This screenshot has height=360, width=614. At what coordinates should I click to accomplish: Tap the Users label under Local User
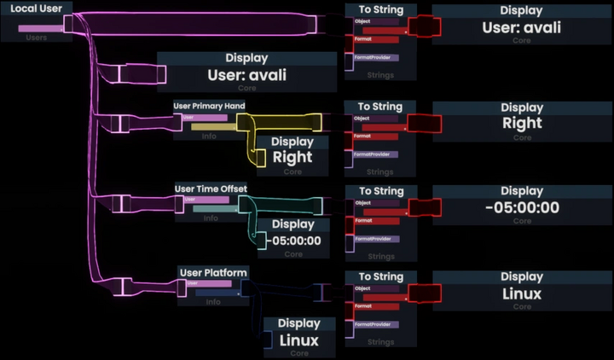coord(37,38)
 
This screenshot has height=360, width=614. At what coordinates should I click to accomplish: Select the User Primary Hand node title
coord(210,106)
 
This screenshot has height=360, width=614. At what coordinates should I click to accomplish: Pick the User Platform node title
coord(213,272)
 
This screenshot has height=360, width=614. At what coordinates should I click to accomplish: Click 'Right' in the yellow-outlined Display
coord(293,157)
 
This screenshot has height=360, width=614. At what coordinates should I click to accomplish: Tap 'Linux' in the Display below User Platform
coord(298,340)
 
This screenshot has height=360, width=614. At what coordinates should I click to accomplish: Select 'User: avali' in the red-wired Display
coord(521,27)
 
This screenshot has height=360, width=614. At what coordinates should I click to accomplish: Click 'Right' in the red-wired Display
coord(522,124)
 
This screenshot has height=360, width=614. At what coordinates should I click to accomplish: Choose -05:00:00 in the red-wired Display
coord(522,207)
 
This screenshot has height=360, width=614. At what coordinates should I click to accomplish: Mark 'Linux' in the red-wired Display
coord(522,293)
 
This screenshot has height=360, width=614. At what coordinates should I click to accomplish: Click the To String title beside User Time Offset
coord(380,191)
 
